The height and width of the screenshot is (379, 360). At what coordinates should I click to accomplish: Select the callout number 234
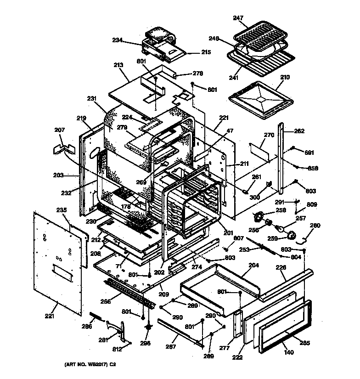click(x=118, y=40)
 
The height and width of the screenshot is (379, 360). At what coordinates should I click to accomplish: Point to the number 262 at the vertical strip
click(x=299, y=130)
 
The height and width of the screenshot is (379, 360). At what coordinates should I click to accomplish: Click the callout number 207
click(x=59, y=130)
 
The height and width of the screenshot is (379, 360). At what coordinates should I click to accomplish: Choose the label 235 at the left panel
click(x=62, y=210)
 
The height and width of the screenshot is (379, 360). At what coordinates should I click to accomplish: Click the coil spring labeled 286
click(x=98, y=317)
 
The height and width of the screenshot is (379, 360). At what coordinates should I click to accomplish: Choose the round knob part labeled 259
click(x=290, y=236)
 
